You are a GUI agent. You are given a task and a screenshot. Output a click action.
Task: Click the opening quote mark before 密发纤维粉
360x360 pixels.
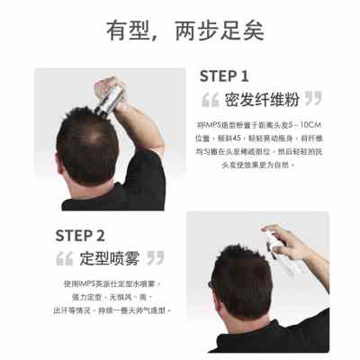click(211, 98)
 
